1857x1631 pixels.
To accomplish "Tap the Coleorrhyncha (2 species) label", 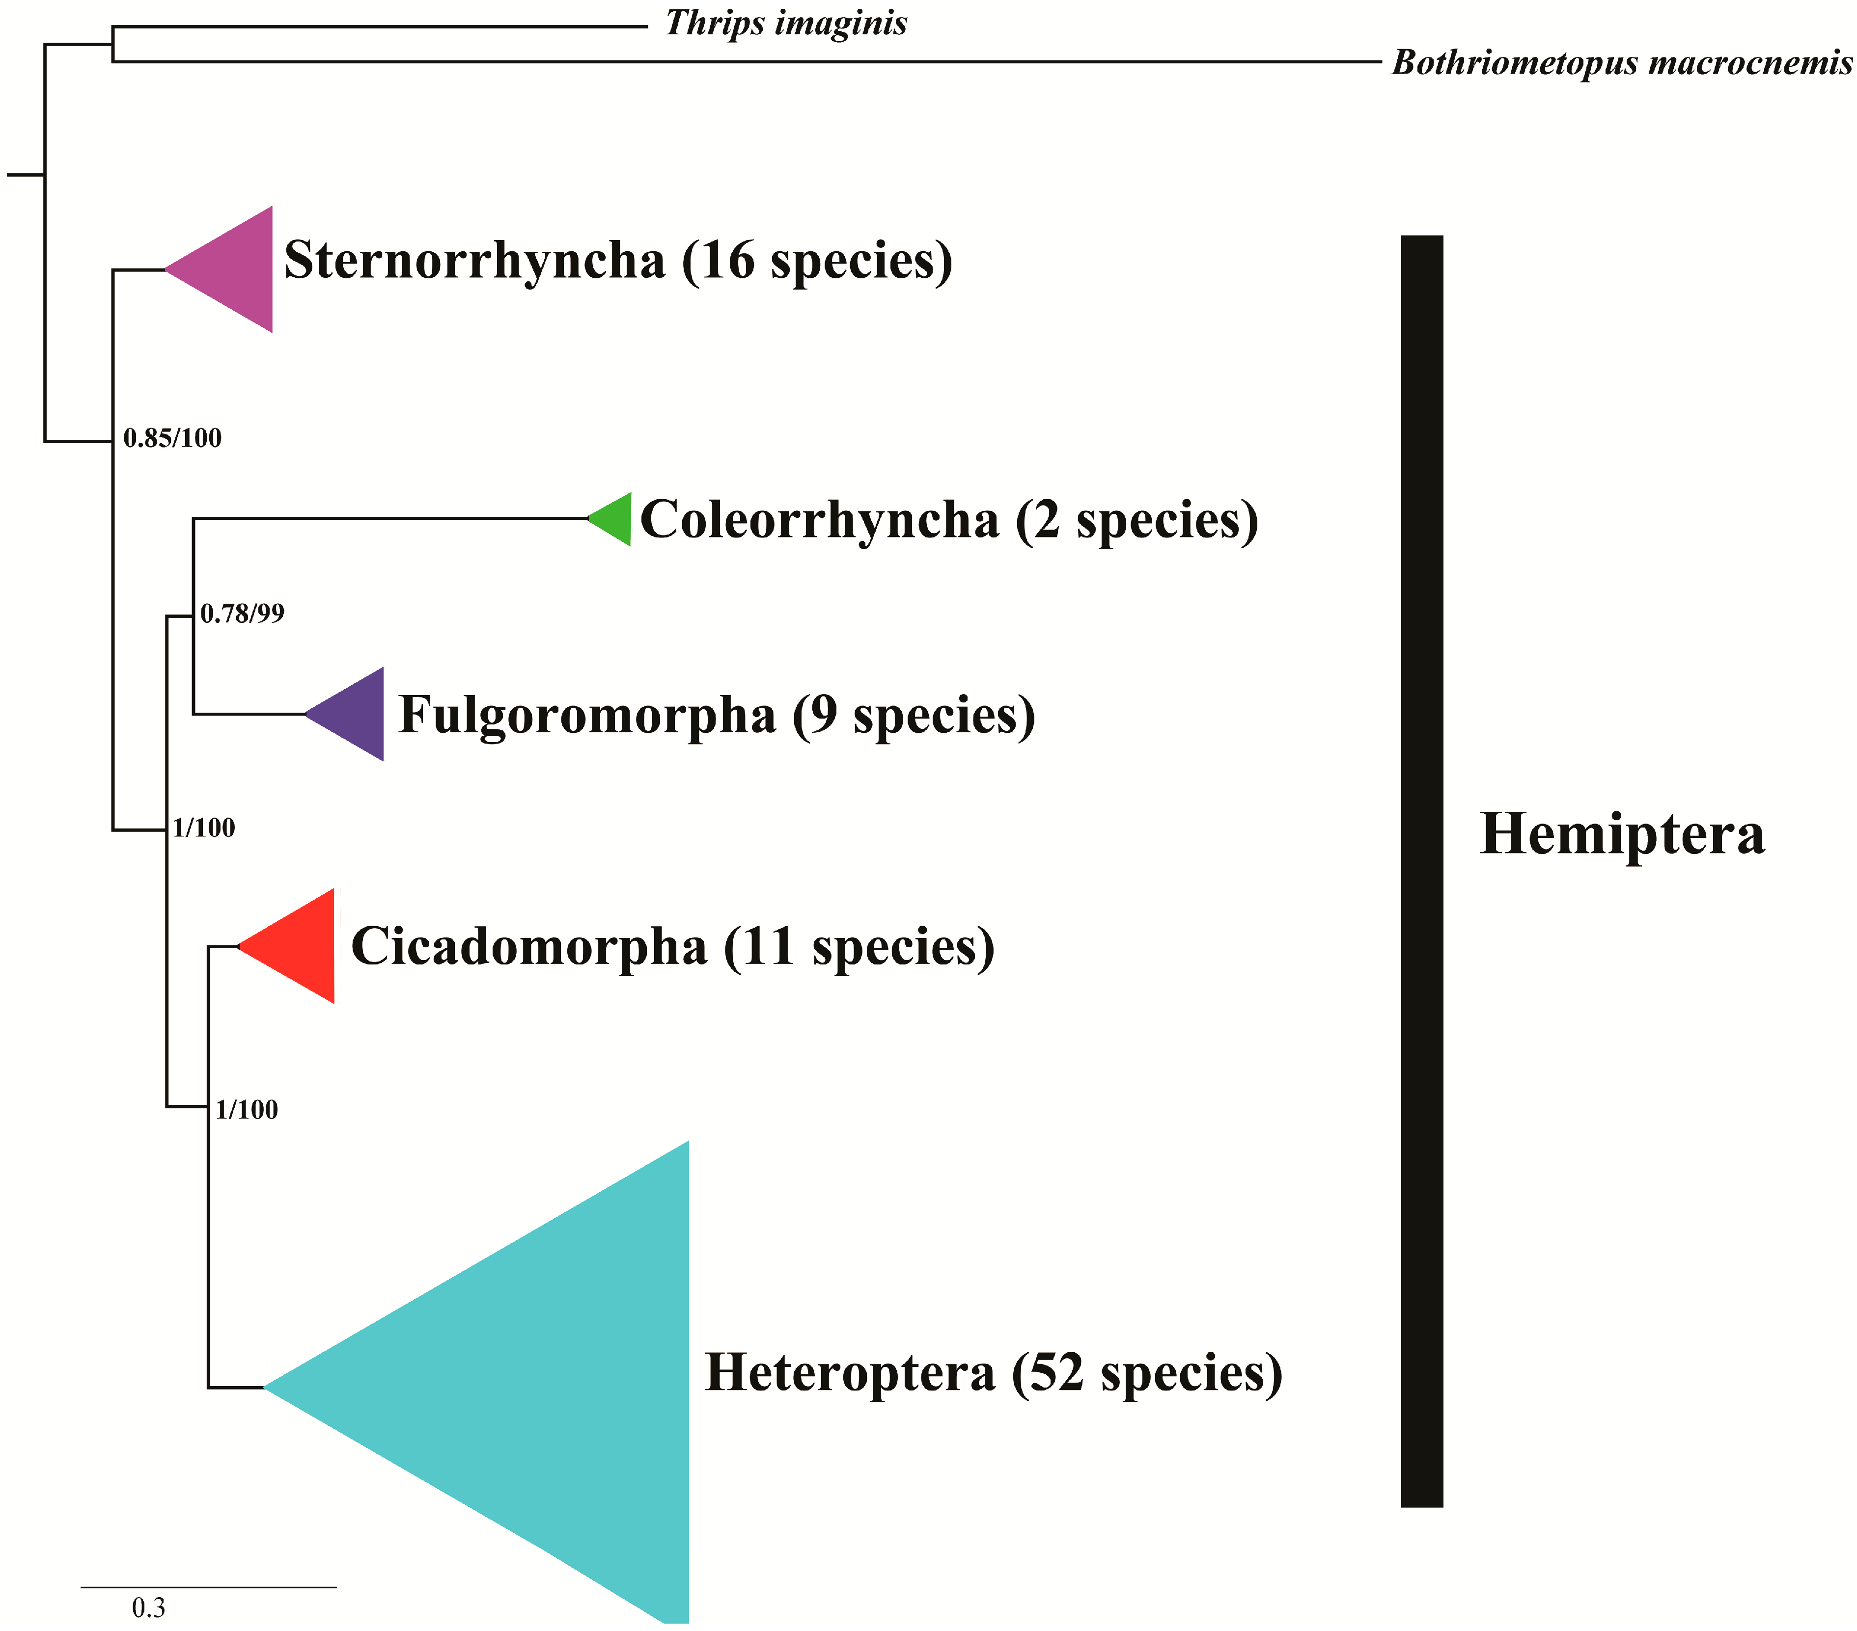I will tap(949, 520).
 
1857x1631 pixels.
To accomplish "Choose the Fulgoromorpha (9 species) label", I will tap(717, 716).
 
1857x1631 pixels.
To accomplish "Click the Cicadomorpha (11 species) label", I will tap(672, 947).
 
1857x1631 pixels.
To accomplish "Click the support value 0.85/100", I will tap(172, 439).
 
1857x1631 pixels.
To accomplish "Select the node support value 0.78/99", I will tap(243, 614).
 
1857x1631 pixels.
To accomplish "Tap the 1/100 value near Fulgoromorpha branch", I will tap(204, 828).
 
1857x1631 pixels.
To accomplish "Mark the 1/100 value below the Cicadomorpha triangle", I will tap(247, 1110).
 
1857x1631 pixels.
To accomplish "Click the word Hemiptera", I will tap(1622, 834).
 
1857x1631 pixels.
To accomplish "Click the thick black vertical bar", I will tap(1422, 872).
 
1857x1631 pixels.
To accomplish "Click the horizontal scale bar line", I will tap(208, 1587).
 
